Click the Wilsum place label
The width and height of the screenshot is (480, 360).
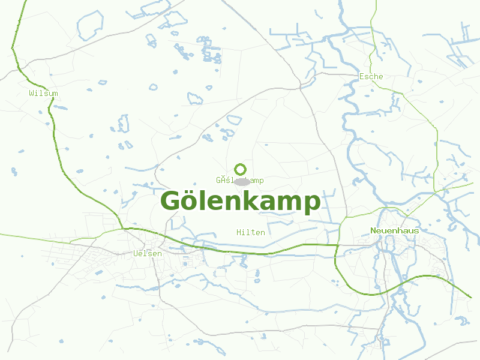pos(43,93)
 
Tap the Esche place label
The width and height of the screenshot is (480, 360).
pos(371,76)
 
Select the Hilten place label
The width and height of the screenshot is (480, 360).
pos(250,232)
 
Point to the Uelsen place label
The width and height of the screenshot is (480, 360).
pos(147,254)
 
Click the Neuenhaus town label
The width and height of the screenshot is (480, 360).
pos(395,230)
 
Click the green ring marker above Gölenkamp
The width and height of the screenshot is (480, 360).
pos(240,169)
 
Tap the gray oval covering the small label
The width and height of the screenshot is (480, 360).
pos(242,181)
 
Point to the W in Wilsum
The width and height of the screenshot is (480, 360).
pos(31,93)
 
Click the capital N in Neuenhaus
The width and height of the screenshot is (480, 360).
pos(373,230)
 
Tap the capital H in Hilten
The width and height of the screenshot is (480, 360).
pos(239,232)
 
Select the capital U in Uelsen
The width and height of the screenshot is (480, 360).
pos(135,254)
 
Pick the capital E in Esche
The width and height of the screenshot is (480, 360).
pos(361,76)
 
